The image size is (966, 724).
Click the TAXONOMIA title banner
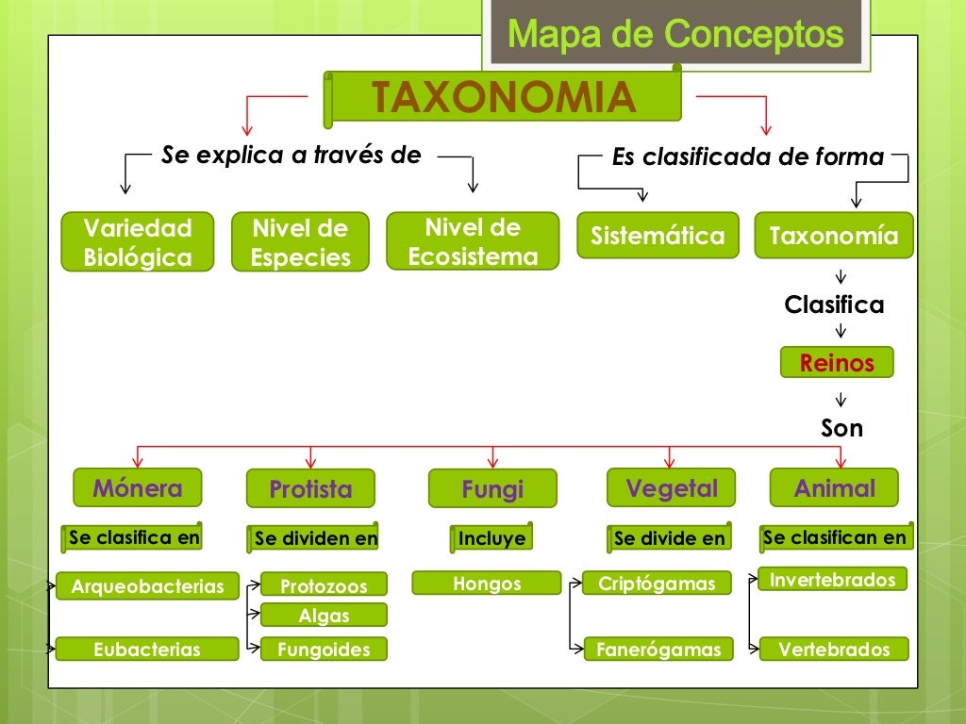coord(503,96)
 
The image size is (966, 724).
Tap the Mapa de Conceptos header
coord(675,35)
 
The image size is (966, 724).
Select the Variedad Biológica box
coord(138,242)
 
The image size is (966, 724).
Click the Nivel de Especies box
coord(300,242)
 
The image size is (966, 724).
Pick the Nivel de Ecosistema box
coord(473,241)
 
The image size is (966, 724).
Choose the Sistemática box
coord(658,236)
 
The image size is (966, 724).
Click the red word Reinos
coord(837,363)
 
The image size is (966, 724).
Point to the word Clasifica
coord(834,304)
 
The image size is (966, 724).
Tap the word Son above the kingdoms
coord(841,428)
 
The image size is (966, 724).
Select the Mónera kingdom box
coord(138,487)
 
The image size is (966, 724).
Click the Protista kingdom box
coord(310,489)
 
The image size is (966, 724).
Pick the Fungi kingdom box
coord(492,489)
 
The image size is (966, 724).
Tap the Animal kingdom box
coord(834,488)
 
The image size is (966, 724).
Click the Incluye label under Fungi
coord(491,538)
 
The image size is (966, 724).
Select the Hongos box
coord(487,584)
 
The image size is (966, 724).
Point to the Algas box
coord(324,616)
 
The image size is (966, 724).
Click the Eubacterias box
coord(147,649)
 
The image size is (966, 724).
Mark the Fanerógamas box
coord(658,649)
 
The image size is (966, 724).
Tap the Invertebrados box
coord(833,579)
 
